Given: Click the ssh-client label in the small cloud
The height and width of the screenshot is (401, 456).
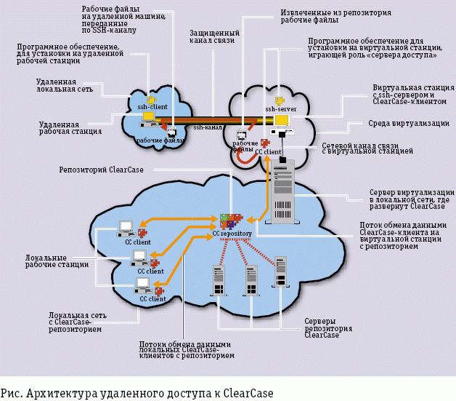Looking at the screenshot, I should (152, 107).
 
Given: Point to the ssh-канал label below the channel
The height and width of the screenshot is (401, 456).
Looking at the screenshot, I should (208, 128).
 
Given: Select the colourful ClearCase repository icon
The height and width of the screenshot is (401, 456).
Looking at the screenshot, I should (231, 220).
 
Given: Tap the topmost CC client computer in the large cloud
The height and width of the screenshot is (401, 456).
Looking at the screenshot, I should (125, 228).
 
